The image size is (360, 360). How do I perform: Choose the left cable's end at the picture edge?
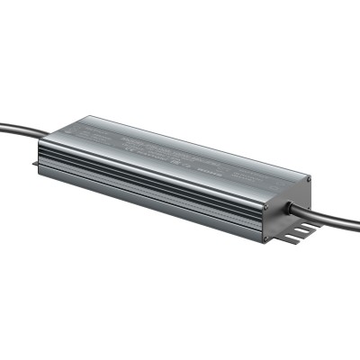click(3, 125)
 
